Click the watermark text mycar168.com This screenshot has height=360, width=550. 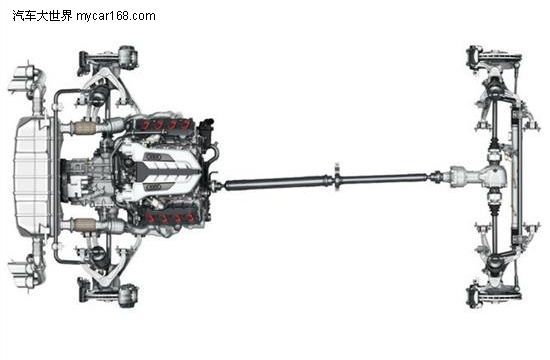coord(116,16)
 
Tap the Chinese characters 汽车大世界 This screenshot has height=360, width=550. coord(42,16)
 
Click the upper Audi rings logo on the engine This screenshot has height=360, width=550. coord(155,157)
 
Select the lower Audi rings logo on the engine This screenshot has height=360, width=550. coord(154,188)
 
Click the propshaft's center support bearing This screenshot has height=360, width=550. coord(337,178)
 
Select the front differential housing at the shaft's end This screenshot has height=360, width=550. coord(479,176)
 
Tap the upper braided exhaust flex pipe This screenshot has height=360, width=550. coord(83,128)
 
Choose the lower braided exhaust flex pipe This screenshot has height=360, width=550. coord(84,225)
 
